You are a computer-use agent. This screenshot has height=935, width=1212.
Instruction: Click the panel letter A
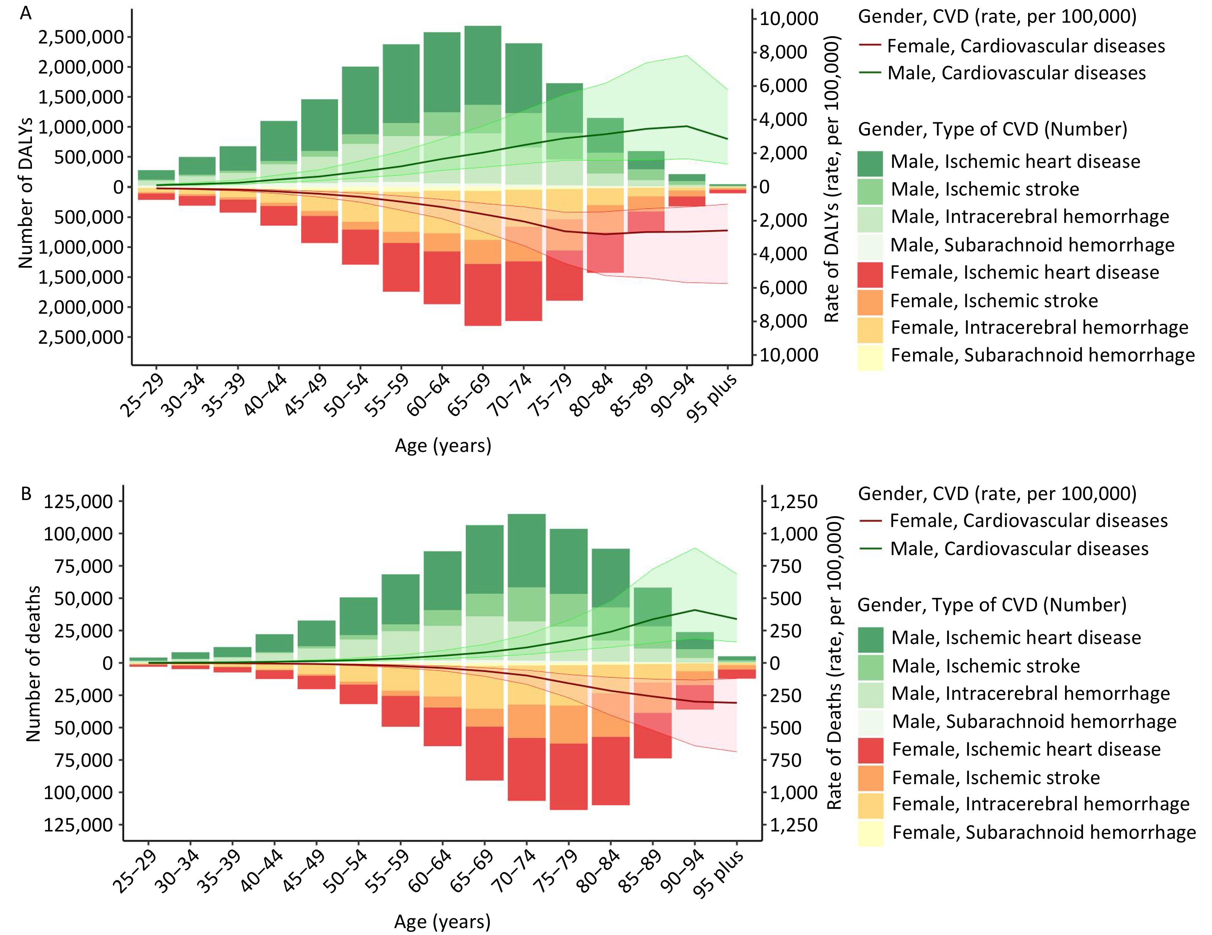coord(25,13)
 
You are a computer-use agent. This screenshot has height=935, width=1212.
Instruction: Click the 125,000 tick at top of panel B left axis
coord(78,501)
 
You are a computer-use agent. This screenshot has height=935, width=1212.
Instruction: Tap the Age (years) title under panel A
coord(443,446)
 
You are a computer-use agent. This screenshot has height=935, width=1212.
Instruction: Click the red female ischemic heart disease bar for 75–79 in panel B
coord(568,776)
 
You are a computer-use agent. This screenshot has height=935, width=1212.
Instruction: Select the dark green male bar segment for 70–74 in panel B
coord(527,550)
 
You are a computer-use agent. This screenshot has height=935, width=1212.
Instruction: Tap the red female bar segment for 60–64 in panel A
coord(442,278)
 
